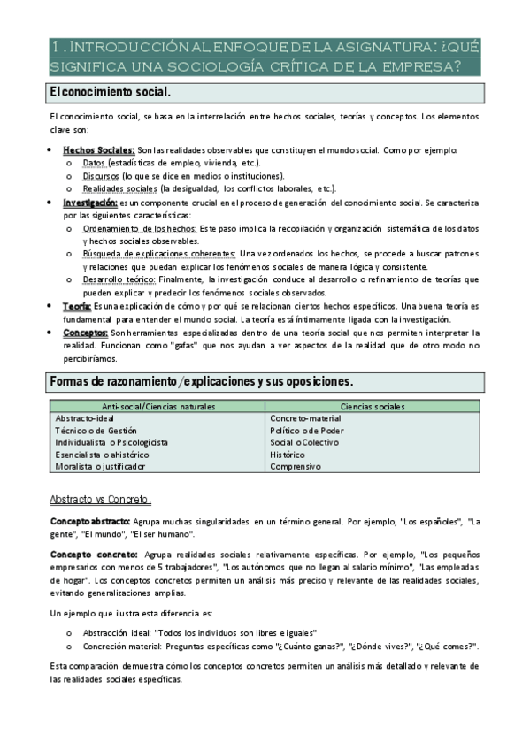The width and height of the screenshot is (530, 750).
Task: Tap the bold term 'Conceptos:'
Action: coord(86,332)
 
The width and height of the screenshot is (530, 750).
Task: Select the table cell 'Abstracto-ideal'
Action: coord(86,417)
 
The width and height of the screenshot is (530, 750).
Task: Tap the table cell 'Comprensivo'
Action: coord(296,466)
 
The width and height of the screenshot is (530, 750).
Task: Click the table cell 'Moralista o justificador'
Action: coord(100,466)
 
